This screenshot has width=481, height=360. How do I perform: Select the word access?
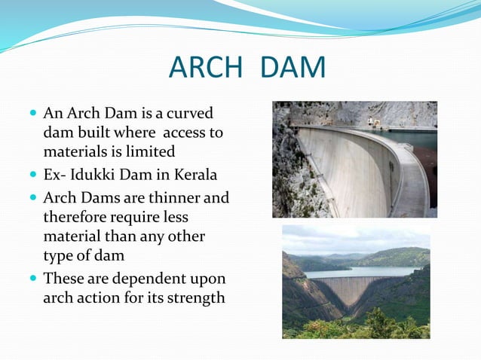point(172,133)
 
